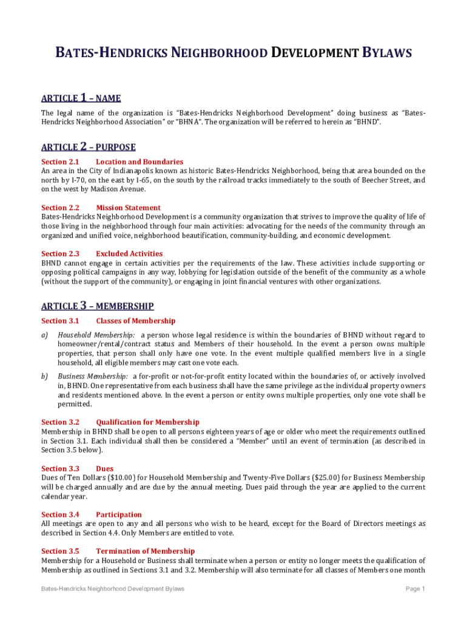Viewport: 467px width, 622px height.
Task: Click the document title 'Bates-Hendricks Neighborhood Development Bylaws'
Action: tap(233, 53)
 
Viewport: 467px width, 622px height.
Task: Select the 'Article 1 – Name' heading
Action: tap(81, 98)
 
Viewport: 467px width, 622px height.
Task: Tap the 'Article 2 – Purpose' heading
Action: tap(89, 147)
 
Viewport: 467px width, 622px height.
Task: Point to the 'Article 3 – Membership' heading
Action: tap(98, 306)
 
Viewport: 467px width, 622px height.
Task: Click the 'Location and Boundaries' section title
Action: tap(139, 162)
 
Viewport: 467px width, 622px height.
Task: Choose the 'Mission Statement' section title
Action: tap(128, 208)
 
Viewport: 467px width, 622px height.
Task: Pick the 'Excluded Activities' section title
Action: tap(129, 253)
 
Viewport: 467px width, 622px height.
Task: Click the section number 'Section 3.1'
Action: tap(60, 321)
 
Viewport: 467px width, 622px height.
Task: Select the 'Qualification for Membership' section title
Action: tap(147, 422)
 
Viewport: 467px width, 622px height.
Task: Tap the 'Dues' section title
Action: tap(105, 468)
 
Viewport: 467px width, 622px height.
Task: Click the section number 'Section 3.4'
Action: tap(60, 514)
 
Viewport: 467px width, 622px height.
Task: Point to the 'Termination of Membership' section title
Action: tap(145, 551)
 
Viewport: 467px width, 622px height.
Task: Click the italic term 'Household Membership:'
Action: tap(96, 335)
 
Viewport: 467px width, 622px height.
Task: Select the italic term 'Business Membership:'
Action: tap(93, 377)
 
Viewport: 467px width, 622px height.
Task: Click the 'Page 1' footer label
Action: tap(415, 589)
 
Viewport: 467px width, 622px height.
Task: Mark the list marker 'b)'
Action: tap(45, 377)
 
